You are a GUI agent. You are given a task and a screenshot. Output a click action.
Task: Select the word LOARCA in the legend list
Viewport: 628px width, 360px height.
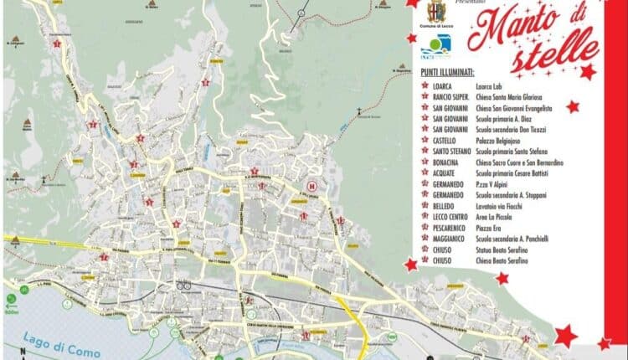tap(443, 85)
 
